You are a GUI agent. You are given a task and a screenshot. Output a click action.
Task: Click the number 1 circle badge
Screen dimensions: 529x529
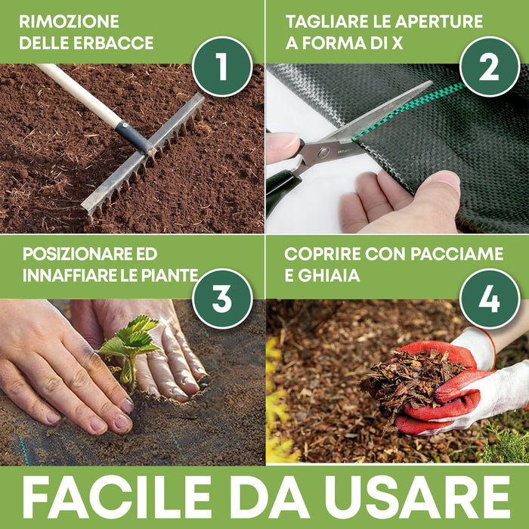coord(221,67)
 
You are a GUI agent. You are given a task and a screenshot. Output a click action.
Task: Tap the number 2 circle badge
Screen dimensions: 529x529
coord(489,67)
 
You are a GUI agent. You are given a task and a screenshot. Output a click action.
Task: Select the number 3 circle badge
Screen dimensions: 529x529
coord(221,298)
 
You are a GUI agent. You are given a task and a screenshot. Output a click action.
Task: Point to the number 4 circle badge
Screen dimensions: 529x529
coord(489,298)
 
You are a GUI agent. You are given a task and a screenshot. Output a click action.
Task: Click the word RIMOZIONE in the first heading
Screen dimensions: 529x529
coord(69,20)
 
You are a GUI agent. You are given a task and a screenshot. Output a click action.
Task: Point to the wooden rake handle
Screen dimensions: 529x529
coord(79,94)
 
